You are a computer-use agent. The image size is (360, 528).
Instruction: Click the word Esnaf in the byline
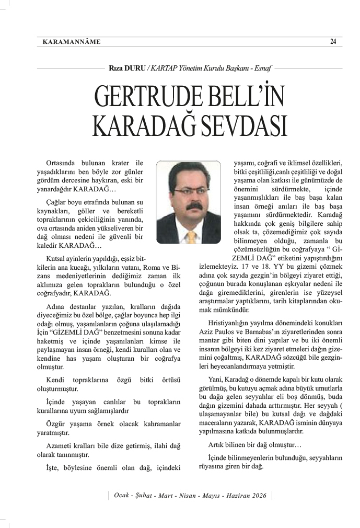(263, 68)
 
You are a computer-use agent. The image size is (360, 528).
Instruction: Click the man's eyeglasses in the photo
(192, 191)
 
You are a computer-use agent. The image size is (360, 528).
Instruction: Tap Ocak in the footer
(122, 496)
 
